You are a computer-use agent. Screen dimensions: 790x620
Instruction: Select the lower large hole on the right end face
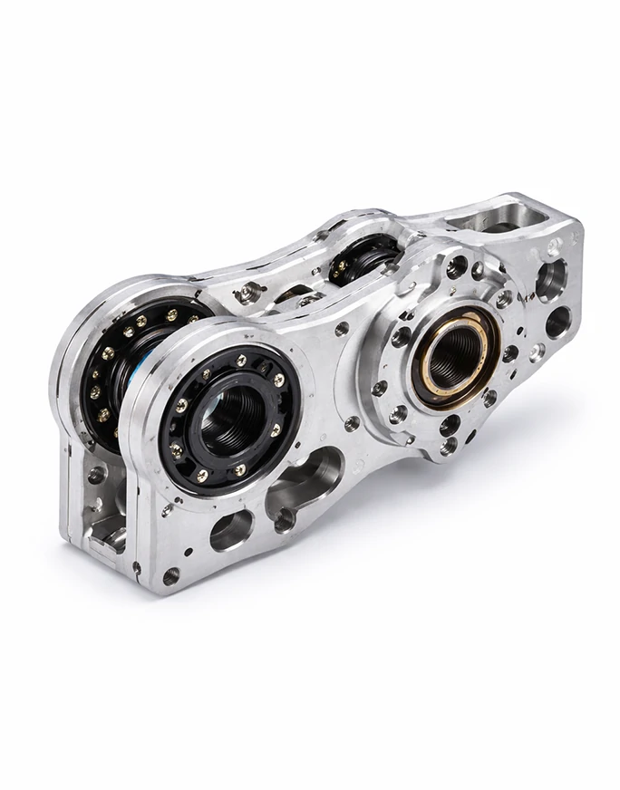(x=557, y=323)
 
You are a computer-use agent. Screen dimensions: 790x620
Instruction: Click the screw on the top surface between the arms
(x=247, y=292)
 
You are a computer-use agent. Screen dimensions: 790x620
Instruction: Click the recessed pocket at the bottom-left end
(x=104, y=525)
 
